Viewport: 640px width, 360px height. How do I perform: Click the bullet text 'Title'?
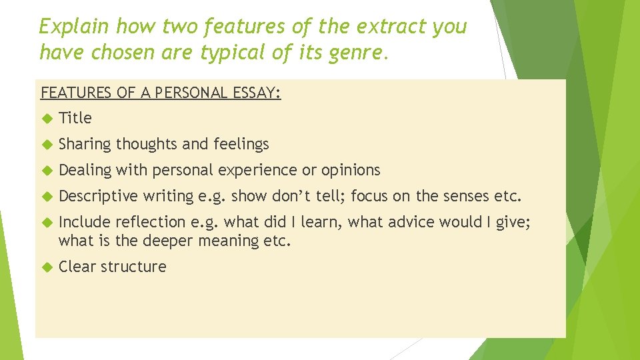(75, 118)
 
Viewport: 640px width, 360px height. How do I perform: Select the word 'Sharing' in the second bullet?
(85, 144)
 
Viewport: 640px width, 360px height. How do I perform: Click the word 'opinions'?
(351, 170)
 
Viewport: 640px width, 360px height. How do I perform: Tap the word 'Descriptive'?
(98, 197)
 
